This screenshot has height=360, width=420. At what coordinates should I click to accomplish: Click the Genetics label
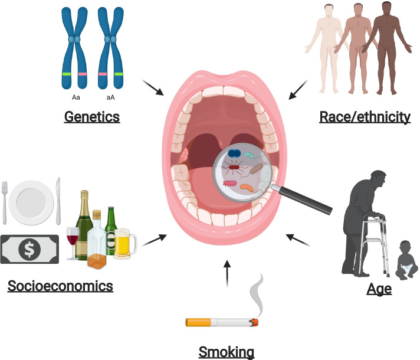click(x=91, y=117)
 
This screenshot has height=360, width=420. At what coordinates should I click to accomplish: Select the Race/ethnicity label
click(x=365, y=117)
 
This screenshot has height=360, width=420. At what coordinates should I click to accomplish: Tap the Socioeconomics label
click(x=60, y=287)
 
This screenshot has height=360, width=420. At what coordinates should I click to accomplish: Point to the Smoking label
click(x=226, y=352)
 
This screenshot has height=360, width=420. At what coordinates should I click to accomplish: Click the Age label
click(x=379, y=290)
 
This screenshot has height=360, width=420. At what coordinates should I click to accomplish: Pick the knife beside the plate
click(x=58, y=201)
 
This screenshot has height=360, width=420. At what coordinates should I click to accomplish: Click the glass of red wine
click(x=73, y=239)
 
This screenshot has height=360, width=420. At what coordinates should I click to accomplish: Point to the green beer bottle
click(x=111, y=230)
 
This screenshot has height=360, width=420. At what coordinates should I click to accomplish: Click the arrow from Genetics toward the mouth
click(x=155, y=89)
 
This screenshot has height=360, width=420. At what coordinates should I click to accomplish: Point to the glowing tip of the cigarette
click(x=255, y=322)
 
